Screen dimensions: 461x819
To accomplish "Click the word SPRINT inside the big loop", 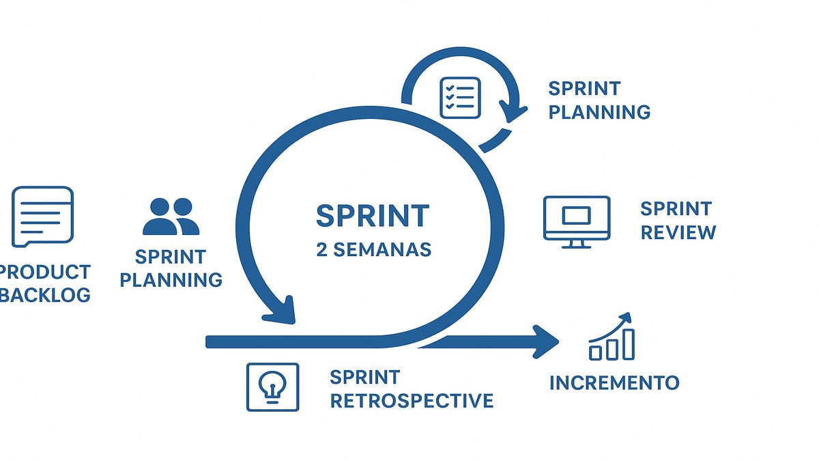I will (x=373, y=216).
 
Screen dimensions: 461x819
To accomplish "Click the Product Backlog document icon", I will (x=43, y=216).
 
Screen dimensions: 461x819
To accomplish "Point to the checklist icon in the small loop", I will (x=460, y=97).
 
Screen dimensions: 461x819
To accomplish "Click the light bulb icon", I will (x=272, y=387).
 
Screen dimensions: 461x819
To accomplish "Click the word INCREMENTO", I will (x=614, y=382).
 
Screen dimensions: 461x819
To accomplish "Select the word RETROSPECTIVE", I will (x=412, y=400).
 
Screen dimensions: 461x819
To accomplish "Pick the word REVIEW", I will (x=678, y=232).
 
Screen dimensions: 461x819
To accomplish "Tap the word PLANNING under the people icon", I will (x=171, y=279).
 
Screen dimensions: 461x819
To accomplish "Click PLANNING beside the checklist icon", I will (x=599, y=112).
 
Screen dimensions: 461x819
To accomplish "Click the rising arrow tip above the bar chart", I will (x=627, y=318).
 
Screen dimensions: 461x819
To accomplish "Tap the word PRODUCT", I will (x=45, y=272).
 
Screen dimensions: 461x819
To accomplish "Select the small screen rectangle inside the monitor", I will (x=576, y=215).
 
